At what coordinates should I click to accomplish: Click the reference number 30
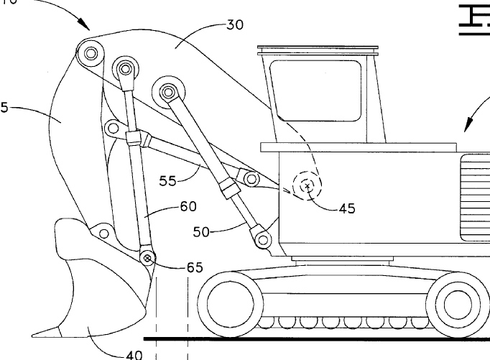234,24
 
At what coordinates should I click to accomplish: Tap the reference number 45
347,209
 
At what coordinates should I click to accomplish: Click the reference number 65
195,267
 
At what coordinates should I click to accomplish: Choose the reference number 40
134,354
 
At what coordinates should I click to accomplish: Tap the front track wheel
231,302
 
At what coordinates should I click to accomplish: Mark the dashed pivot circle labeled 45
308,186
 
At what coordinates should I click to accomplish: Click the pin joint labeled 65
148,257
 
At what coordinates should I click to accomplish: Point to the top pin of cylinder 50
168,91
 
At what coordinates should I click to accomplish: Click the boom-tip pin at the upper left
88,52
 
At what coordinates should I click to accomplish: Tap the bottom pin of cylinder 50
262,238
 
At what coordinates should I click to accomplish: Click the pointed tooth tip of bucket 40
34,333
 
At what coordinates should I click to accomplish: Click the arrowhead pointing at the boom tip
85,28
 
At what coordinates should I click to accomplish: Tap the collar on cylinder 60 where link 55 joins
134,139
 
